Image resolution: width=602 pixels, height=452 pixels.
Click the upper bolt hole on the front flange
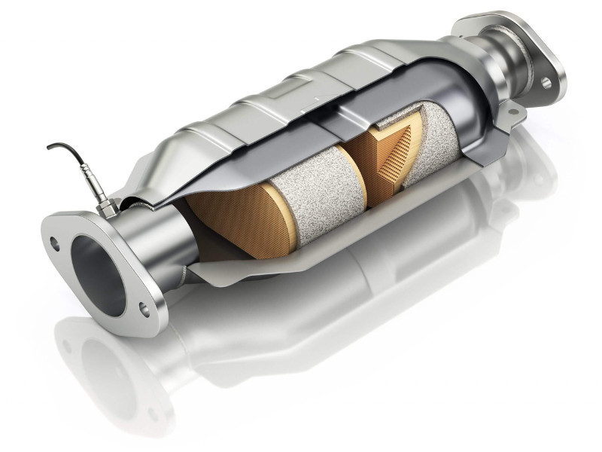click(53, 243)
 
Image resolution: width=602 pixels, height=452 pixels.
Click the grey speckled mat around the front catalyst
click(301, 188)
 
